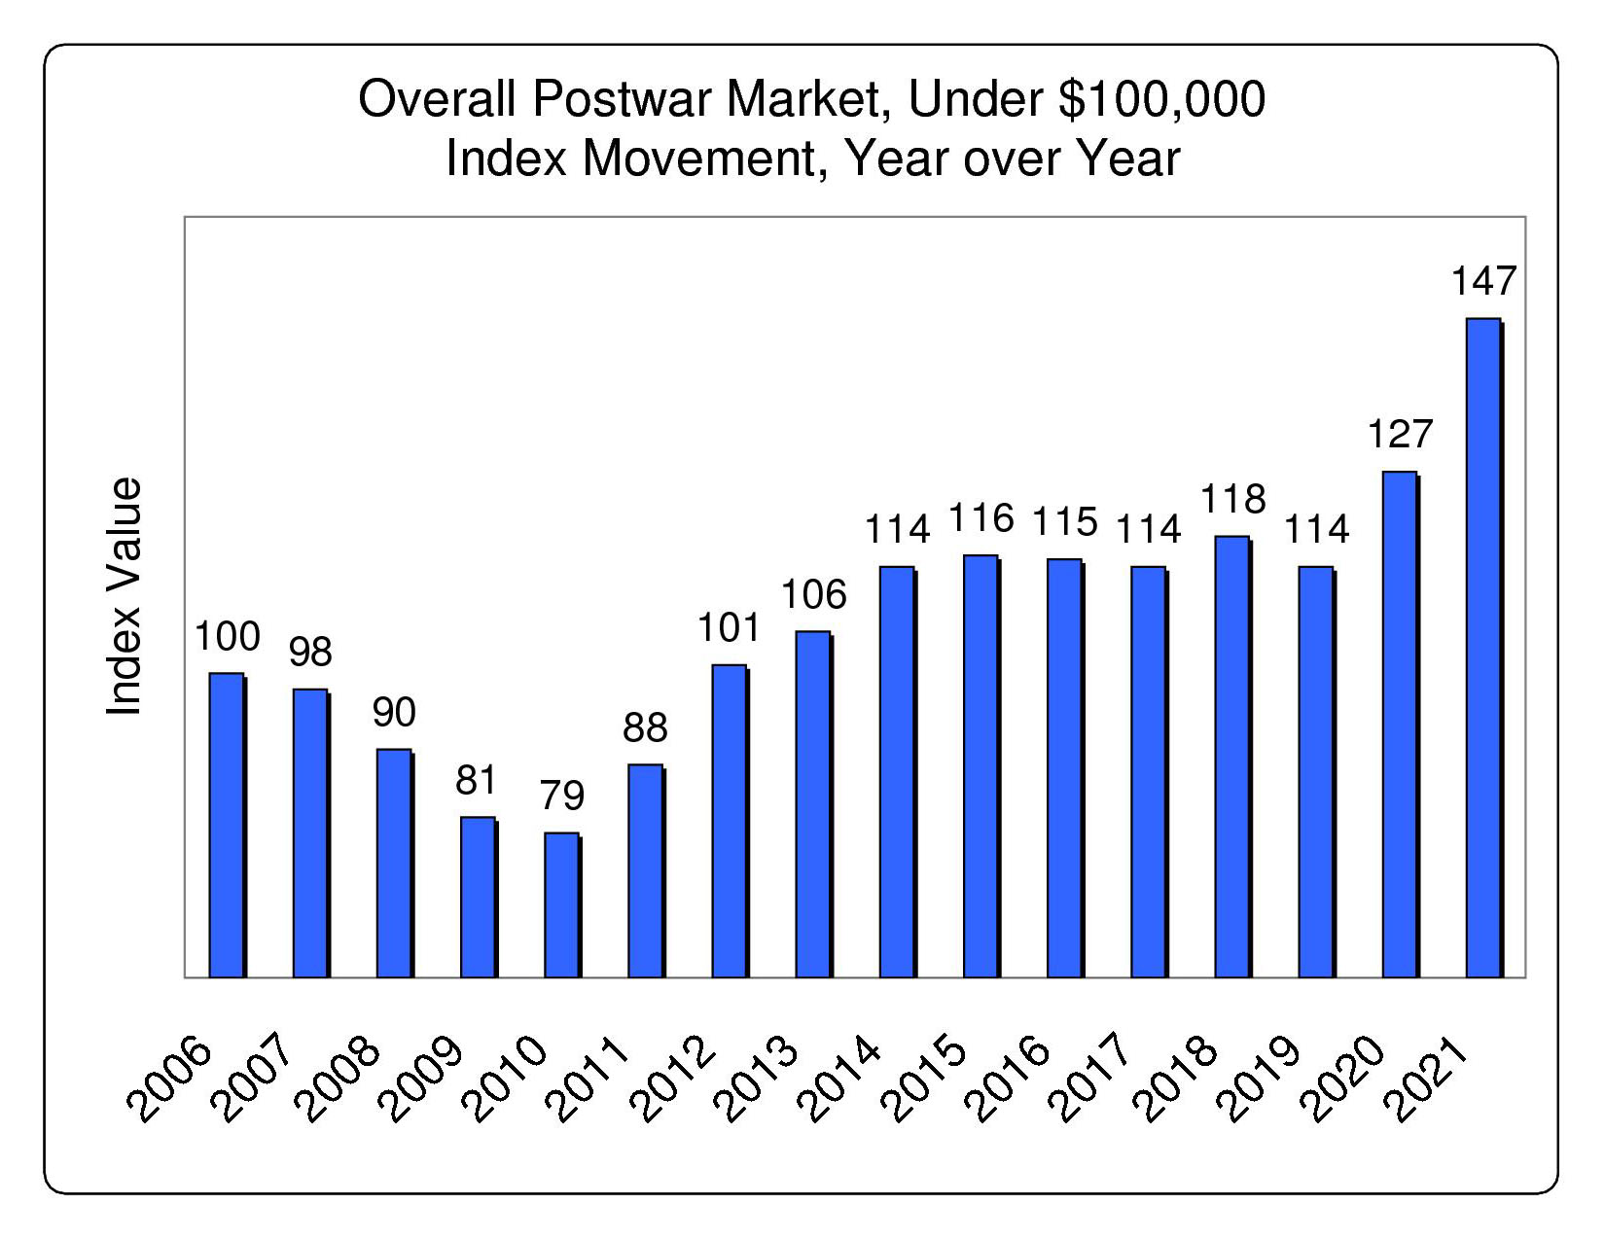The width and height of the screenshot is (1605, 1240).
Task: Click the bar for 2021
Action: point(1483,648)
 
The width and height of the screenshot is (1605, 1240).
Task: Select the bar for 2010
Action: point(561,904)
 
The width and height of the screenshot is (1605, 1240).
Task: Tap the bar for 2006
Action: point(227,825)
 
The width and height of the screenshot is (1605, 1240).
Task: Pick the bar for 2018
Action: point(1232,757)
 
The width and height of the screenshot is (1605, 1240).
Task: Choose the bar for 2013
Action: point(813,804)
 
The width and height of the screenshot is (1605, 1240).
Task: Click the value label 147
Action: point(1483,281)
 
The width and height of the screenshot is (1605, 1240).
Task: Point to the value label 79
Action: point(561,796)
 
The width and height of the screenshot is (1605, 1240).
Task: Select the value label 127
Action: point(1400,434)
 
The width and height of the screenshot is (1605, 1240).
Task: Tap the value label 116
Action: point(981,518)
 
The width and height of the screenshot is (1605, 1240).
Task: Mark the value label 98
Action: point(310,652)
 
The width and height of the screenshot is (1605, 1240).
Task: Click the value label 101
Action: point(730,628)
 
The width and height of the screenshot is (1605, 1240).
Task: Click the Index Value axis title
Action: point(124,596)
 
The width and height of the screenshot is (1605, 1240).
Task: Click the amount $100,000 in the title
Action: point(1161,99)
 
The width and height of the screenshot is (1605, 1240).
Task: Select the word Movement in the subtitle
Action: point(697,158)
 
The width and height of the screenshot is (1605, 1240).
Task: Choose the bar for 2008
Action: point(394,863)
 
